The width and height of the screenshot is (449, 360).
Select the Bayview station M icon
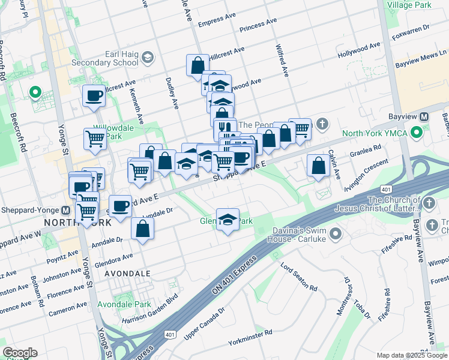424,116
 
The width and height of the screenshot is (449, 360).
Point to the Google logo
20,352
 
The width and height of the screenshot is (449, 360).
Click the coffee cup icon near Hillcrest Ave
94,95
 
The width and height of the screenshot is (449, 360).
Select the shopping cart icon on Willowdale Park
95,138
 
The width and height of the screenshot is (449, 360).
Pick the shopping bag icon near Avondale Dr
142,229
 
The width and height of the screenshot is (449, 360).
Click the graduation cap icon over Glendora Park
228,220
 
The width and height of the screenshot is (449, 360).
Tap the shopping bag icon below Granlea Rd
318,165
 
